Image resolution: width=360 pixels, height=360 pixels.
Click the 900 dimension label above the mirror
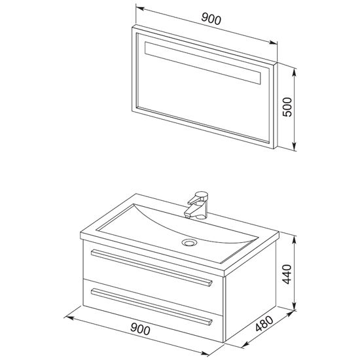(x=211, y=19)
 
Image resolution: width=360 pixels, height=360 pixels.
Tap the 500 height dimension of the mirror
(x=287, y=107)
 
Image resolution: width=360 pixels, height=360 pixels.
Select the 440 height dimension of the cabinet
(x=287, y=274)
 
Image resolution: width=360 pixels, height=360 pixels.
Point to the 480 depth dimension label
(x=264, y=323)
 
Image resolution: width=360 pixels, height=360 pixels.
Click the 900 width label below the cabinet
(x=140, y=329)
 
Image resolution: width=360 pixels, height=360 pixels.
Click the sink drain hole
(x=189, y=242)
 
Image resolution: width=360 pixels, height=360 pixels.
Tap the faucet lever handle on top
(x=198, y=198)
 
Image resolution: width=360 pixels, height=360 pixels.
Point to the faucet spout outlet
(x=187, y=215)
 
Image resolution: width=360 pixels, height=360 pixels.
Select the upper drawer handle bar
(x=152, y=268)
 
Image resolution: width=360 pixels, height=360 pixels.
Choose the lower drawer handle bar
(x=152, y=307)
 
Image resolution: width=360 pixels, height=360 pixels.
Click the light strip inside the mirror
(x=203, y=63)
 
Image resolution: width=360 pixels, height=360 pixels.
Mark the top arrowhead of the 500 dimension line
(x=295, y=71)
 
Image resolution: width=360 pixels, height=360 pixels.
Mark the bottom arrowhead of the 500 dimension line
(x=295, y=146)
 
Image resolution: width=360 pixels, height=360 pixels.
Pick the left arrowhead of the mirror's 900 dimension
(x=140, y=9)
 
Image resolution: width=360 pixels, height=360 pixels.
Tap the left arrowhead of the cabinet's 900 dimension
(x=69, y=317)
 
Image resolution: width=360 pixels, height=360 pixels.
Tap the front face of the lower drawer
(x=153, y=310)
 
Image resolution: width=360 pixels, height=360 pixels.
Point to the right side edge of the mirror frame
(x=276, y=105)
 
